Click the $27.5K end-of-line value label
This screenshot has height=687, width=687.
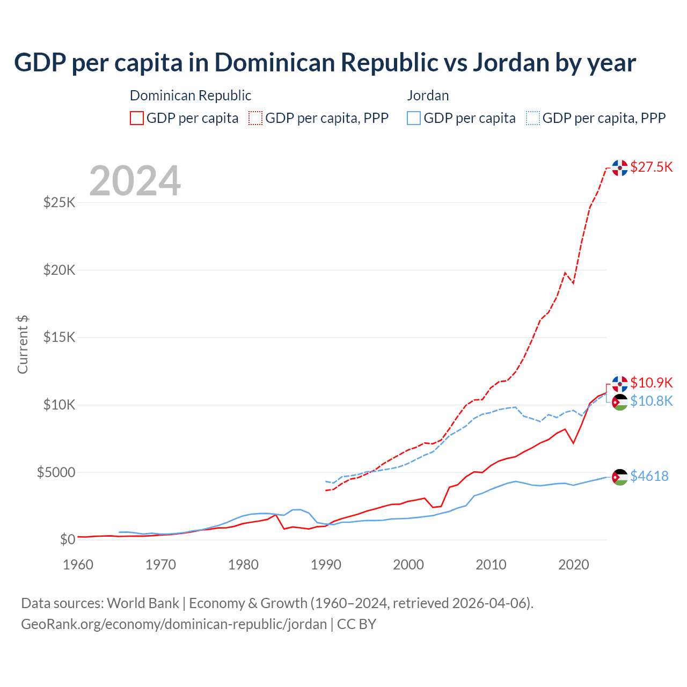point(651,167)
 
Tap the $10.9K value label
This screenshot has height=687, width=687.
point(651,383)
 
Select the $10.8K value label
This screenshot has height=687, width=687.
point(651,401)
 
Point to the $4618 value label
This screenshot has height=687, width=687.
point(649,476)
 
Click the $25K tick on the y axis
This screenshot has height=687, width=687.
point(59,202)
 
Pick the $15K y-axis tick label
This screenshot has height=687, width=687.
point(59,337)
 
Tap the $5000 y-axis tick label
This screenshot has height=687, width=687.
point(56,472)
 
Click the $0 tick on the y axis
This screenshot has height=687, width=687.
point(67,539)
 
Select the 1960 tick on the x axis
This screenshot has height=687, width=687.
point(78,565)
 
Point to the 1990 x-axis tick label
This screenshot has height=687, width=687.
point(326,565)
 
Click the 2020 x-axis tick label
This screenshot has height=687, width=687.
point(574,565)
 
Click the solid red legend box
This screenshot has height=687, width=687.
point(137,118)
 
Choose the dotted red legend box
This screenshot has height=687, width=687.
point(256,118)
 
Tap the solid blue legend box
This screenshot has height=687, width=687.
point(414,118)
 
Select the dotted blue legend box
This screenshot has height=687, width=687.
point(533,118)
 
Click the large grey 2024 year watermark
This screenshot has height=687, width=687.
point(135,181)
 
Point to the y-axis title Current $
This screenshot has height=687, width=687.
point(23,345)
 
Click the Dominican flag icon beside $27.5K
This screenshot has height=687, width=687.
point(620,168)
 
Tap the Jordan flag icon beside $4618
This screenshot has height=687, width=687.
point(620,477)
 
